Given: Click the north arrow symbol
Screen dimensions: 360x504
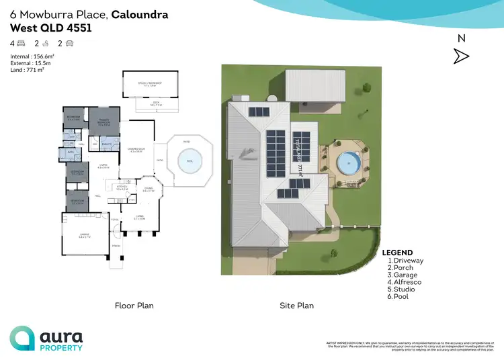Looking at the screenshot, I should click(x=461, y=56).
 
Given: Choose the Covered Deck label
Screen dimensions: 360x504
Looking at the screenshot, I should click(x=135, y=150).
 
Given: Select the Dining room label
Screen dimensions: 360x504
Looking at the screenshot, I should click(x=149, y=190).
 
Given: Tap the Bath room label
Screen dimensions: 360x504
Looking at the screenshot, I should click(x=70, y=152).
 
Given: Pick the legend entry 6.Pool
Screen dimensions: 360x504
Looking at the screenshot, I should click(x=401, y=296).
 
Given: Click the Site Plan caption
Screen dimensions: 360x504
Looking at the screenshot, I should click(x=297, y=306).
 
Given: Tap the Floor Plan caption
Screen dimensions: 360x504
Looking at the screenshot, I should click(x=134, y=306).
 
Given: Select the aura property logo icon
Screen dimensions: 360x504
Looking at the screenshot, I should click(x=22, y=339).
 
